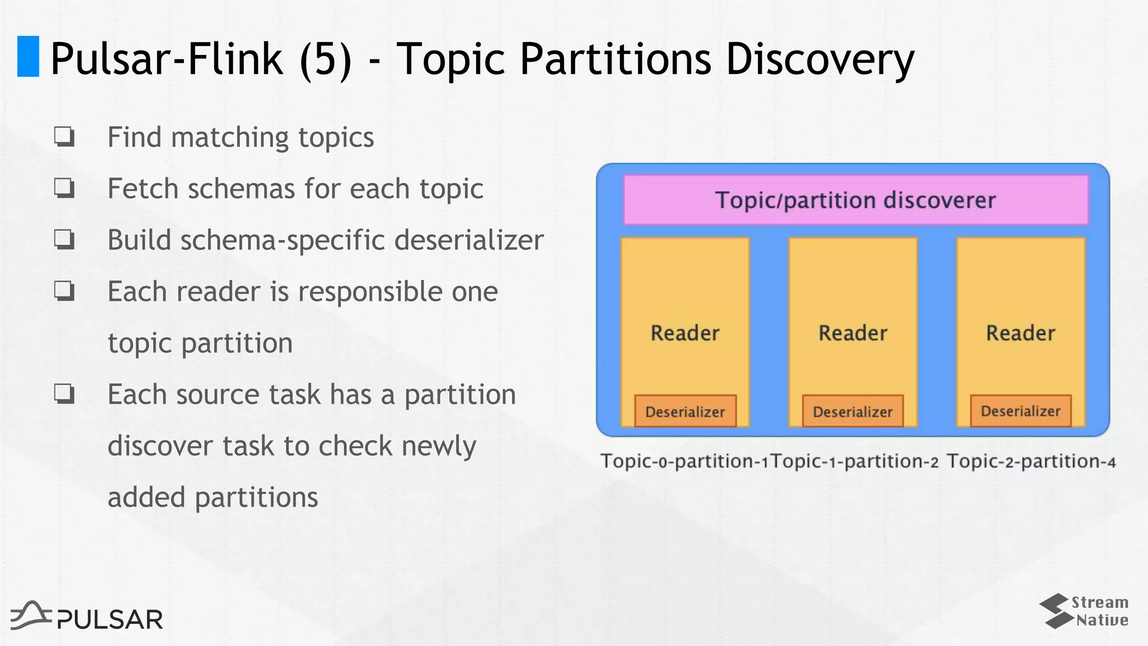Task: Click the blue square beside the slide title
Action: tap(28, 56)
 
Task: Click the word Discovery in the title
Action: tap(820, 59)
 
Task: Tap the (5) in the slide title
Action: tap(326, 59)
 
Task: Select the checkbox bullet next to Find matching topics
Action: tap(64, 137)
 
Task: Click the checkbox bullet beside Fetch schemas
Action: tap(64, 188)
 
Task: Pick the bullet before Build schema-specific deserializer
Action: tap(64, 239)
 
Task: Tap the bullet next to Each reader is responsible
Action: tap(64, 291)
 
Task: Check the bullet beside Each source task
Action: tap(64, 394)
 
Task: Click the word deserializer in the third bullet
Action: tap(469, 240)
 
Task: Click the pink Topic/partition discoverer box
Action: tap(855, 200)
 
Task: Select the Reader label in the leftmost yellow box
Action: tap(685, 333)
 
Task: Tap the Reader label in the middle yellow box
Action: tap(853, 333)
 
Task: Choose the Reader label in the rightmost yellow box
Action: tap(1020, 333)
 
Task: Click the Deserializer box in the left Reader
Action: tap(685, 412)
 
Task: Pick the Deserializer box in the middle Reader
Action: tap(853, 412)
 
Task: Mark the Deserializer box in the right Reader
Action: tap(1020, 411)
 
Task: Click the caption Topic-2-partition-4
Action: tap(1031, 462)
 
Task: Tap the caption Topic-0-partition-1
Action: tap(684, 462)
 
